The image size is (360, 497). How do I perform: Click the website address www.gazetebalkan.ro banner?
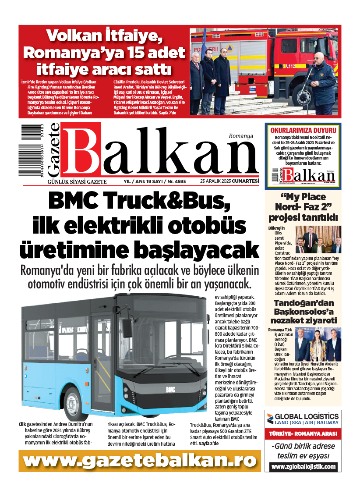[x=139, y=461]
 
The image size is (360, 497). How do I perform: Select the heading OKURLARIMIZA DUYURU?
[x=303, y=130]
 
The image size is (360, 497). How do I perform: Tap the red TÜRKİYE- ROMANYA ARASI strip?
[x=303, y=434]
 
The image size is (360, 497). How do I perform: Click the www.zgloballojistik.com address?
[x=303, y=467]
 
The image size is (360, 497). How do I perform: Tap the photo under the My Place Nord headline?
[x=318, y=239]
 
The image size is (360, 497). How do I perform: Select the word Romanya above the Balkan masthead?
[x=241, y=136]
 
